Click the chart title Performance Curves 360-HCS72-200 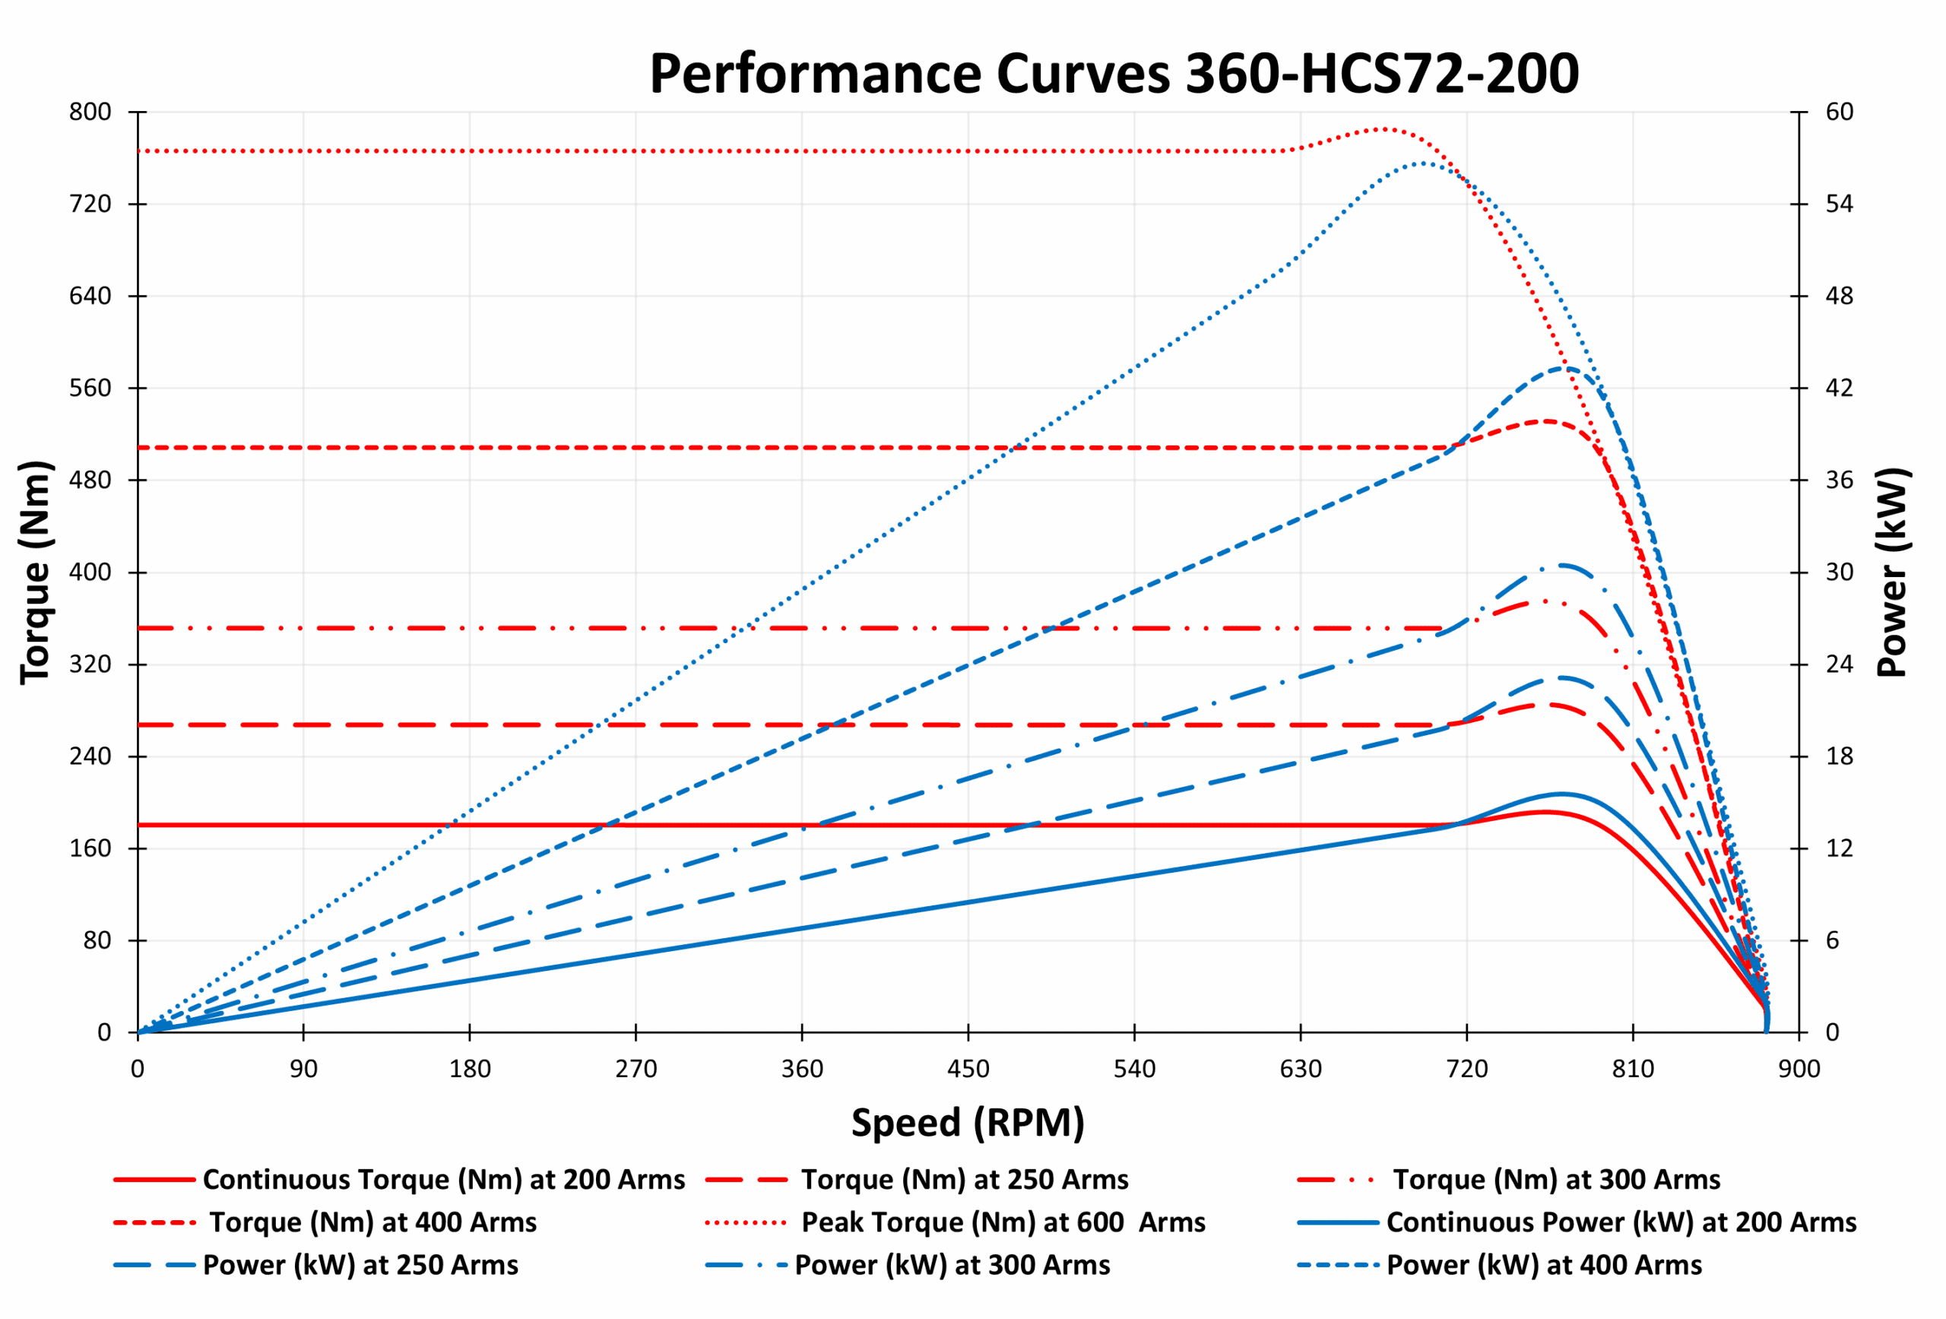[1114, 74]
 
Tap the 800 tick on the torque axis [90, 112]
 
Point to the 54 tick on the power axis [1839, 204]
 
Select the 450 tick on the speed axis [968, 1070]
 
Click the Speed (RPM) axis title [968, 1123]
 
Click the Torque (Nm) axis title [36, 572]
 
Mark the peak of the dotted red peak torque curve [1384, 129]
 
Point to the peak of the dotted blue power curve [1421, 163]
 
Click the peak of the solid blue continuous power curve [1561, 794]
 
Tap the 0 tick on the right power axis [1832, 1032]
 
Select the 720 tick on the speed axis [1467, 1070]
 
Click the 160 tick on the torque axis [90, 848]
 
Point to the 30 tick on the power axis [1839, 572]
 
